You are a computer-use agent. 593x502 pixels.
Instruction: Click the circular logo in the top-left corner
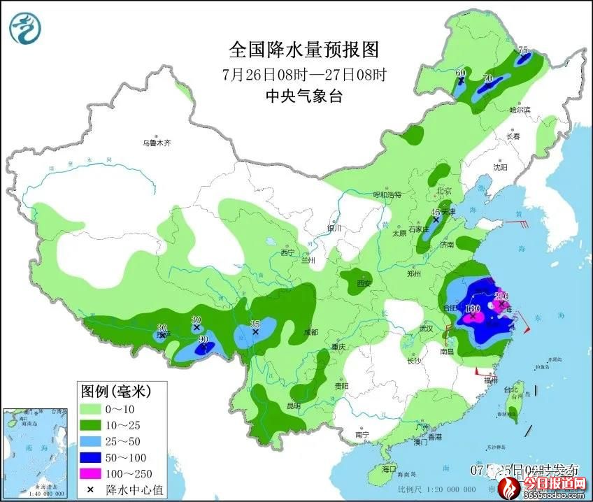pos(25,29)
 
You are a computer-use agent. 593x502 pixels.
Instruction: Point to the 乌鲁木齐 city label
pos(156,143)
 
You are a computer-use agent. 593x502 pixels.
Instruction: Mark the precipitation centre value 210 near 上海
pos(500,296)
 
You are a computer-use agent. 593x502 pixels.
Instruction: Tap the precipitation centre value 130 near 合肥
pos(473,308)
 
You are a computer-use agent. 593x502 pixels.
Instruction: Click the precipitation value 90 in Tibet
pos(203,340)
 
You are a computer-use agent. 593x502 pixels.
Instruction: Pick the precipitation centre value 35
pos(255,325)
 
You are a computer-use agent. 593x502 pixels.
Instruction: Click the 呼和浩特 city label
pos(387,195)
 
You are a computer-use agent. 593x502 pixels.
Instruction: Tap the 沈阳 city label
pos(499,168)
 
